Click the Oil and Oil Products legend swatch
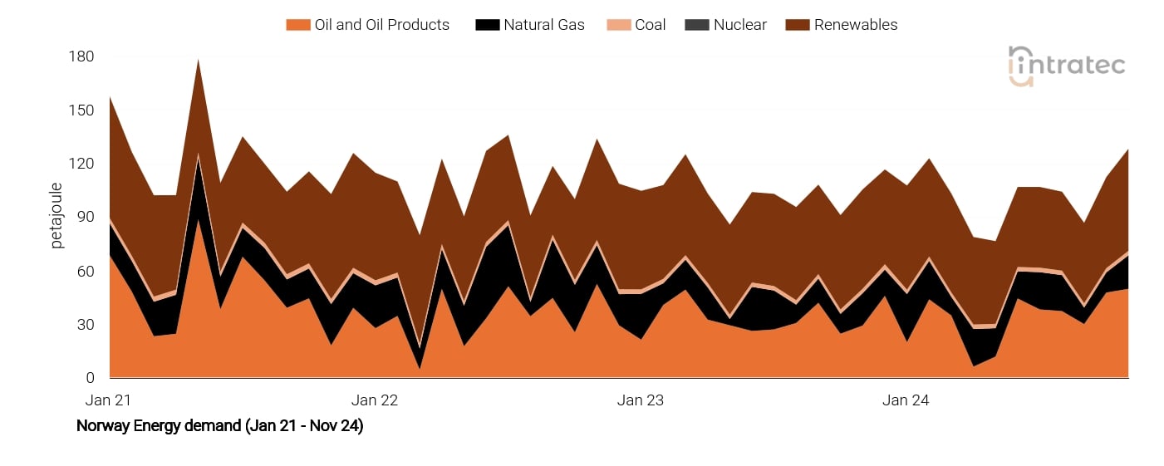pos(297,25)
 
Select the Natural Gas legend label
pos(543,25)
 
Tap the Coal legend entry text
pos(650,25)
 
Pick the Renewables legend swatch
pos(797,25)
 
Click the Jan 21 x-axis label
pos(109,400)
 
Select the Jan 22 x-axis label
pos(375,400)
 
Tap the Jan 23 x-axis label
pos(641,400)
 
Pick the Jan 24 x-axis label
pos(906,400)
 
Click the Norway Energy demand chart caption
pos(219,427)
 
